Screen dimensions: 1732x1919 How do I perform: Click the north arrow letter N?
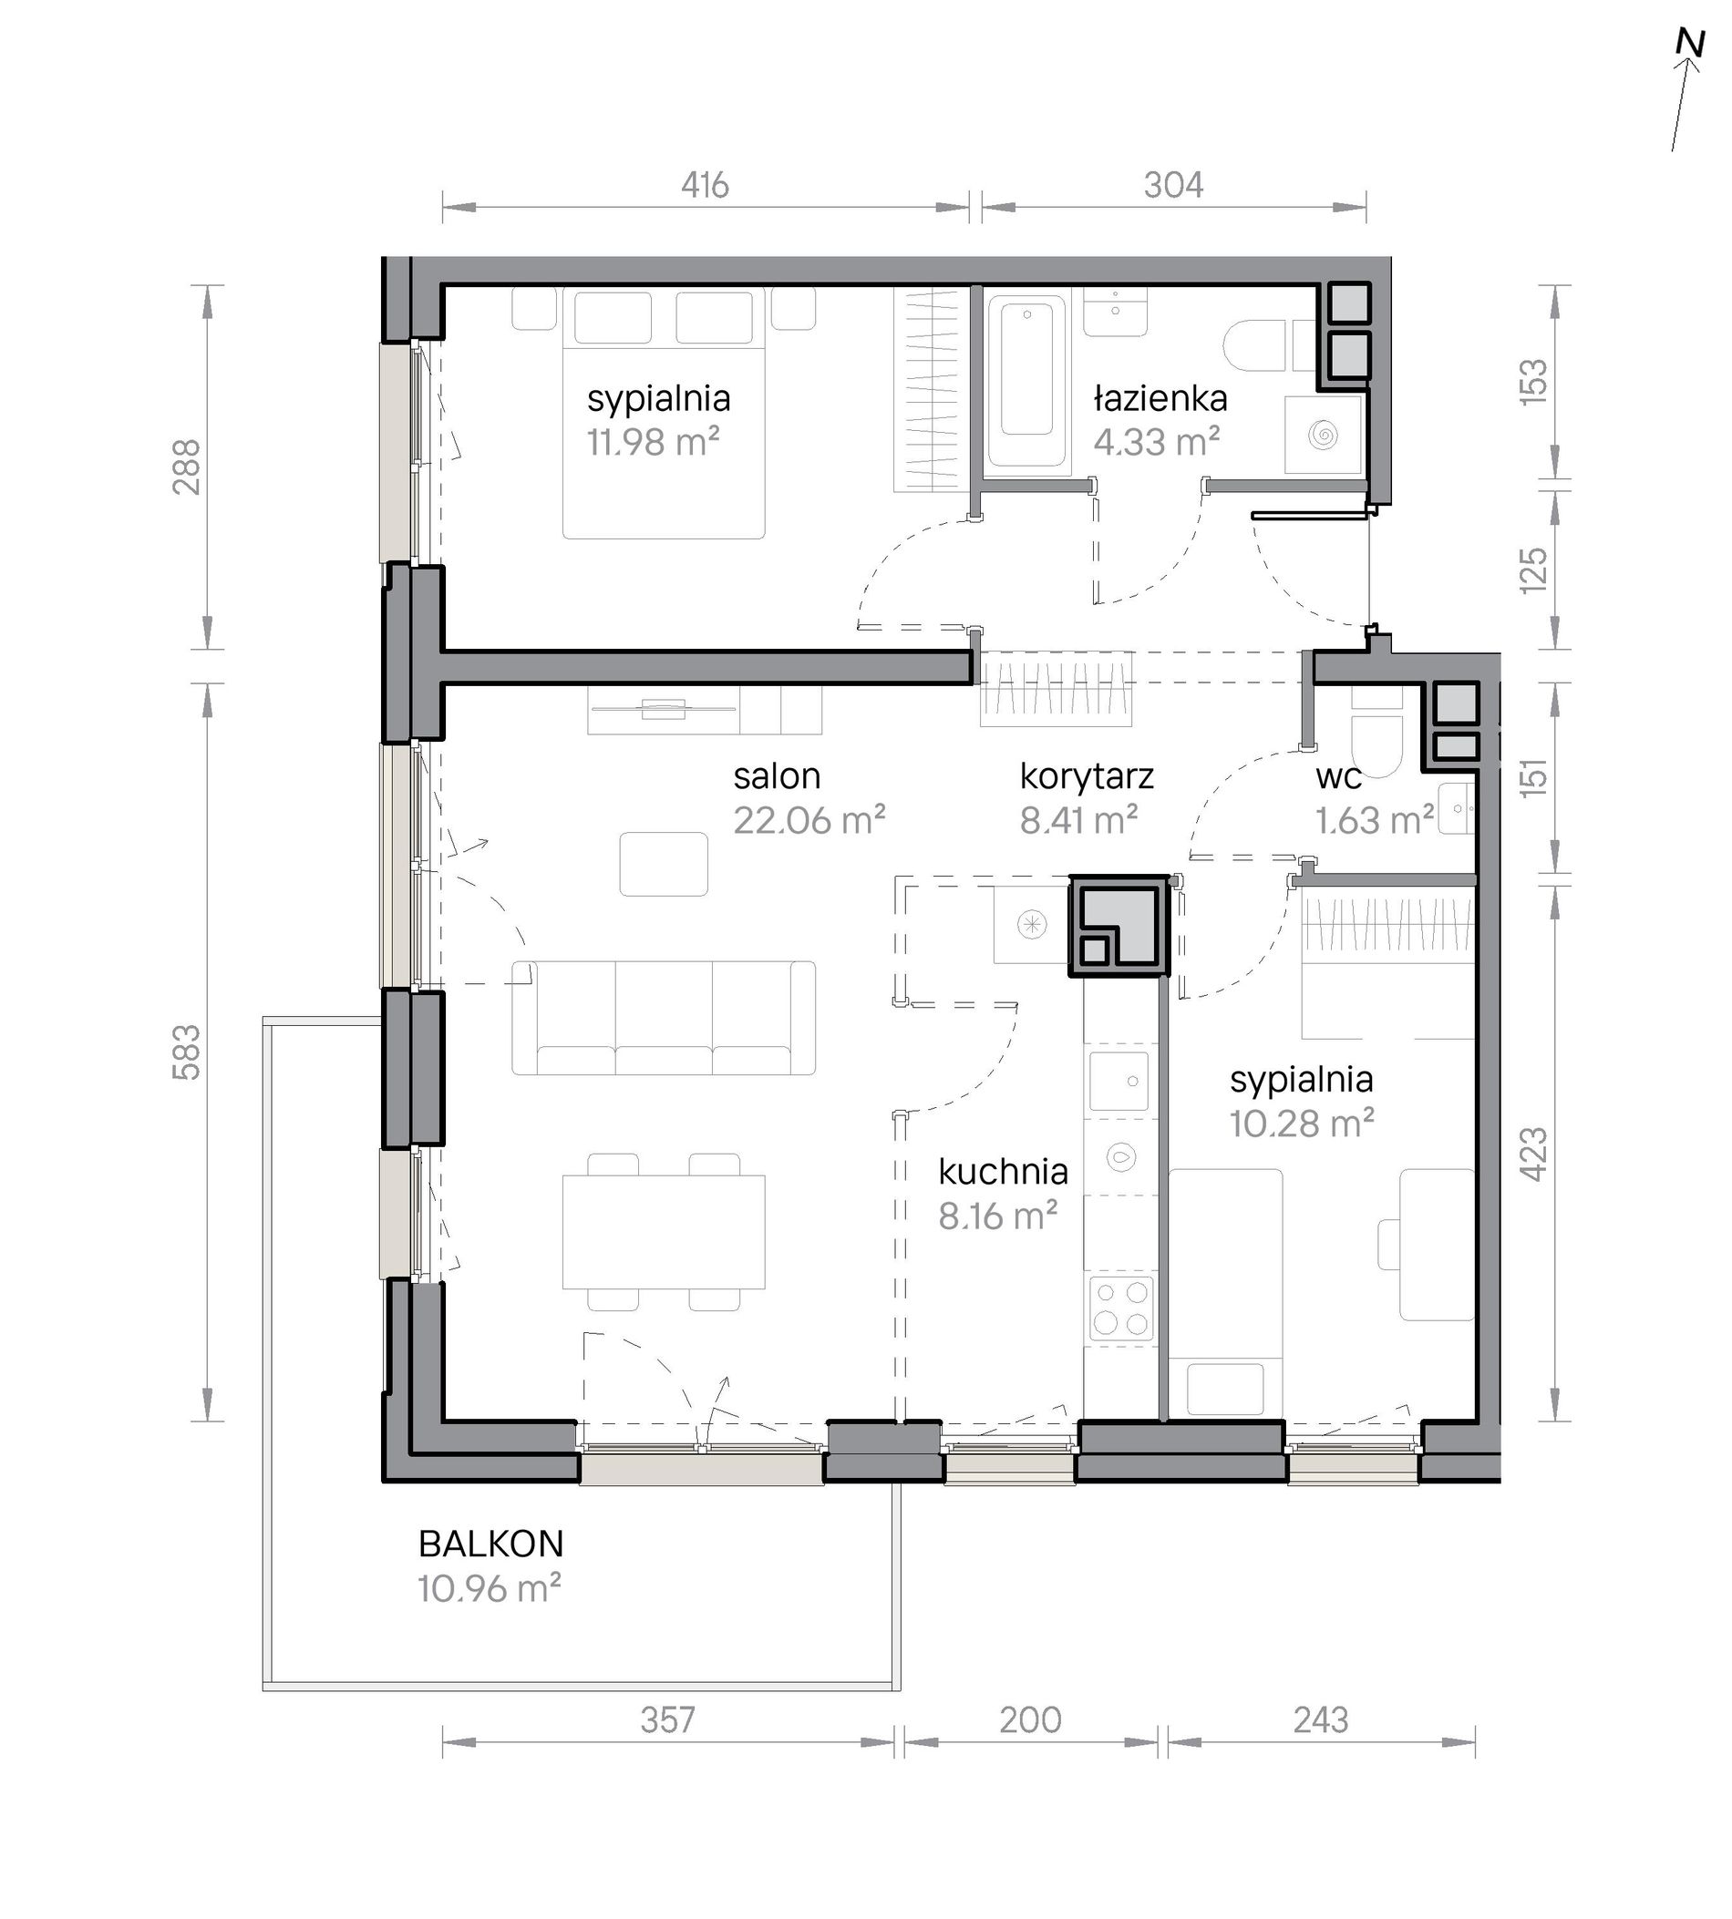pyautogui.click(x=1689, y=70)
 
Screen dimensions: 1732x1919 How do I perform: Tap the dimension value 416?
pyautogui.click(x=705, y=185)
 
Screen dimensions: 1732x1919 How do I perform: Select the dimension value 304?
pyautogui.click(x=1173, y=185)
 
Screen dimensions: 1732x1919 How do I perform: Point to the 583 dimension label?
pyautogui.click(x=187, y=1052)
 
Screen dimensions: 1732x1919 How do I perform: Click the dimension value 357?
pyautogui.click(x=667, y=1720)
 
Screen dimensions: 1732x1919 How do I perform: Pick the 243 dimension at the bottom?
pyautogui.click(x=1321, y=1720)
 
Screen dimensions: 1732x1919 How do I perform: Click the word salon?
pyautogui.click(x=777, y=776)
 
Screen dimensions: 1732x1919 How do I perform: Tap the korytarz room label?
pyautogui.click(x=1087, y=776)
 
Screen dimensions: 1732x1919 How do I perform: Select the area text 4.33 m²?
pyautogui.click(x=1156, y=441)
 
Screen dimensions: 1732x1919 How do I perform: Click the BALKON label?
pyautogui.click(x=491, y=1544)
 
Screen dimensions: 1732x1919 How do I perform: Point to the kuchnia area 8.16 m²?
pyautogui.click(x=998, y=1215)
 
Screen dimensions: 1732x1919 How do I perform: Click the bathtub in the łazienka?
pyautogui.click(x=1026, y=382)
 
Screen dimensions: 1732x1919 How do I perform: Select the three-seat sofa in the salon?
pyautogui.click(x=664, y=1017)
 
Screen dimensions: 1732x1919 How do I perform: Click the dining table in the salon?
pyautogui.click(x=664, y=1231)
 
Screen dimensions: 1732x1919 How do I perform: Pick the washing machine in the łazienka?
pyautogui.click(x=1323, y=434)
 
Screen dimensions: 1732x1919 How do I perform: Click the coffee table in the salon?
pyautogui.click(x=664, y=864)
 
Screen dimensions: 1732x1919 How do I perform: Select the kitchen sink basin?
pyautogui.click(x=1119, y=1080)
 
